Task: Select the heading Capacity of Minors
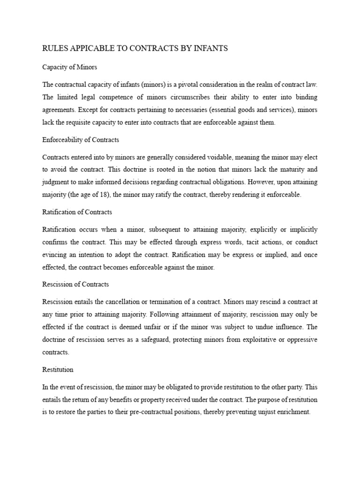[x=70, y=67]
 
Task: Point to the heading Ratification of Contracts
[x=77, y=212]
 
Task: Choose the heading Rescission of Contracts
[x=75, y=284]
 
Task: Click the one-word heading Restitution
[x=58, y=369]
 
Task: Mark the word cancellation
[x=125, y=302]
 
